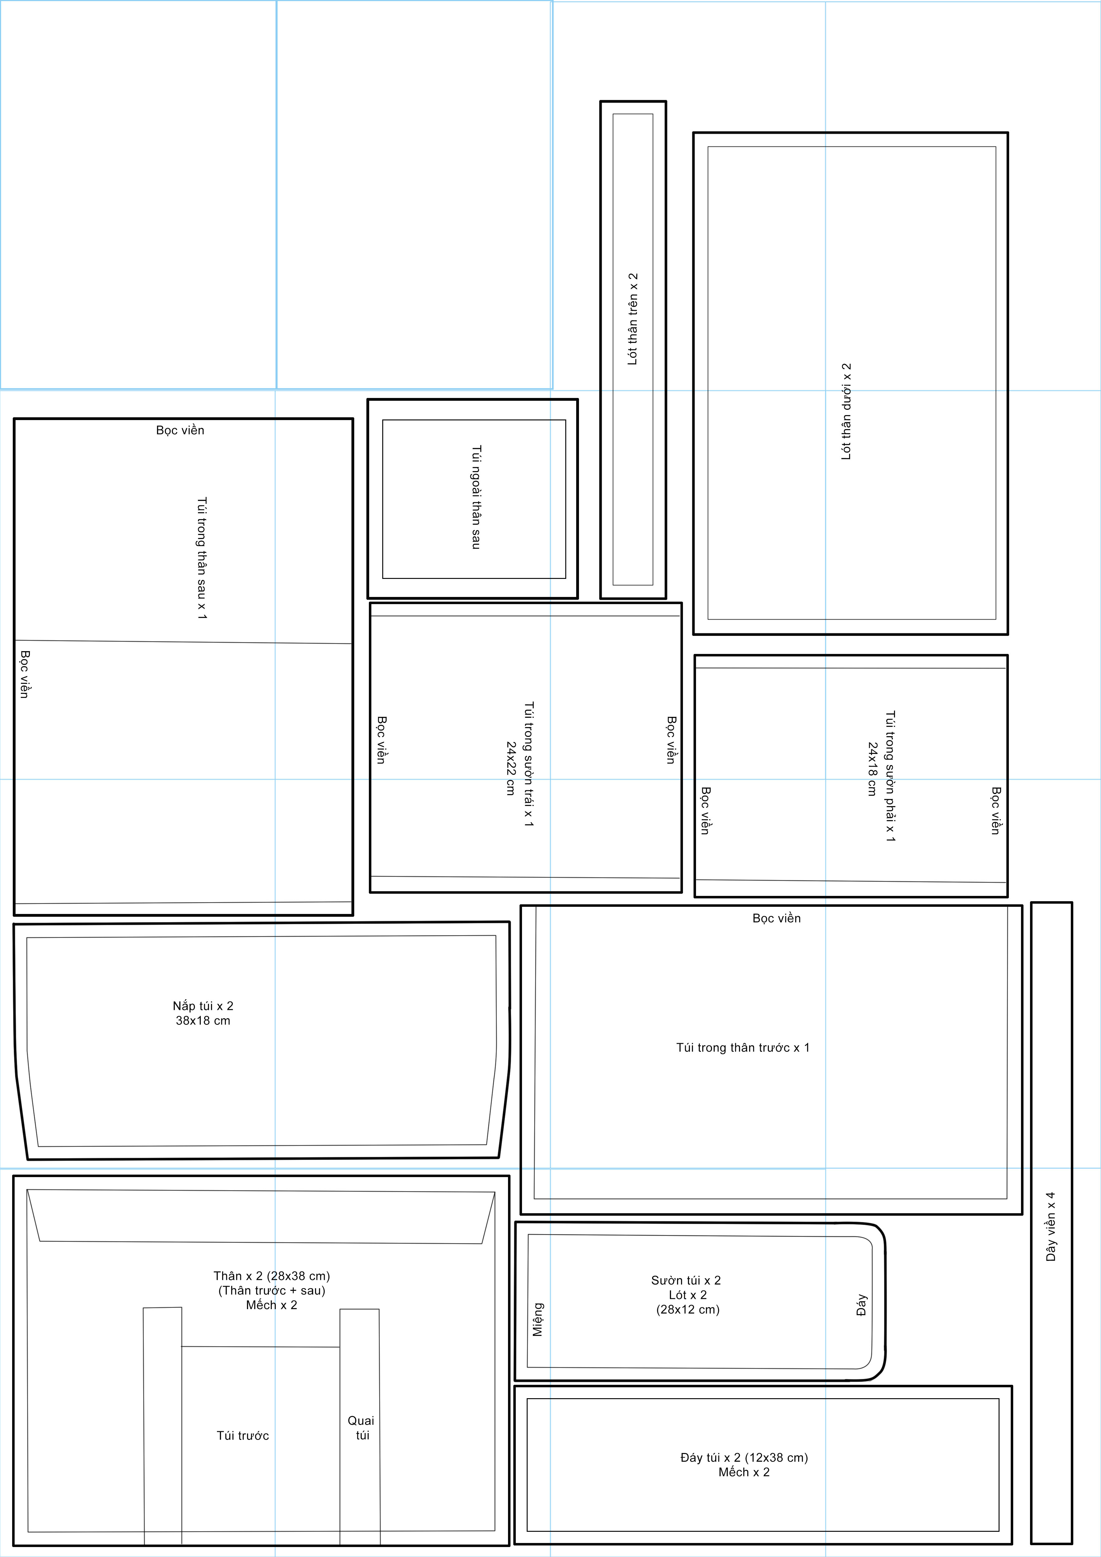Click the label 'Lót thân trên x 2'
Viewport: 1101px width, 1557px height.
[x=633, y=319]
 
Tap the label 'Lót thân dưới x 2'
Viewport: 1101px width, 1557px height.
[x=846, y=412]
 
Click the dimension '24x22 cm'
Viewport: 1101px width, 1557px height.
[x=511, y=768]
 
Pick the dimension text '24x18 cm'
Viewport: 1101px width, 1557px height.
[x=873, y=768]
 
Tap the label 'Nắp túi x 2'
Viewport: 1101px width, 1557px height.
[x=203, y=1006]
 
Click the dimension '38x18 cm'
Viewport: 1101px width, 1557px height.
[x=203, y=1020]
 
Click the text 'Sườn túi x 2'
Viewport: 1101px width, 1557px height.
[x=686, y=1280]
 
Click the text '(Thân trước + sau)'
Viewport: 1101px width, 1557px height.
[x=272, y=1290]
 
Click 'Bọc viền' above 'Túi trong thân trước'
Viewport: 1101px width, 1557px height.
[x=777, y=918]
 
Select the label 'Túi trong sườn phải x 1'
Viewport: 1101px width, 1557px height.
[x=890, y=776]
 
